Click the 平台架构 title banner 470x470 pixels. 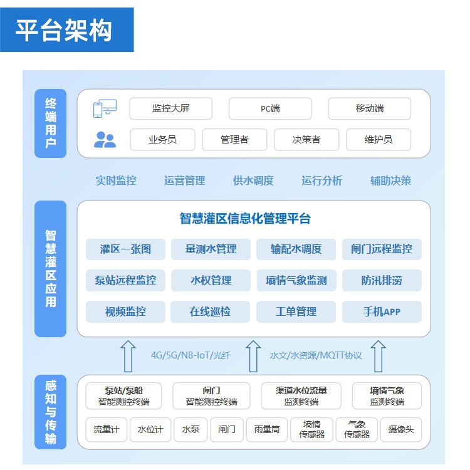pyautogui.click(x=66, y=29)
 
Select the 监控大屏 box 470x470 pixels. pyautogui.click(x=170, y=108)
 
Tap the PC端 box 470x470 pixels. pyautogui.click(x=270, y=108)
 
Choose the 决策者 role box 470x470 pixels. pyautogui.click(x=306, y=139)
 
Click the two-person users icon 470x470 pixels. pyautogui.click(x=105, y=139)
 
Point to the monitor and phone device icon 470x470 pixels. pyautogui.click(x=105, y=109)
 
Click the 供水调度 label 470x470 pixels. pyautogui.click(x=253, y=180)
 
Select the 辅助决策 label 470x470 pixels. pyautogui.click(x=390, y=180)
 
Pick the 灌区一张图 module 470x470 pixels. pyautogui.click(x=125, y=249)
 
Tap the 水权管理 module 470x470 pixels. pyautogui.click(x=211, y=280)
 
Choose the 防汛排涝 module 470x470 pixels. pyautogui.click(x=382, y=280)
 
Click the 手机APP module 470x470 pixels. pyautogui.click(x=382, y=311)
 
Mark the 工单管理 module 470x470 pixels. pyautogui.click(x=296, y=311)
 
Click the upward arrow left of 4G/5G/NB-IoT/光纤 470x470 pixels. pyautogui.click(x=128, y=356)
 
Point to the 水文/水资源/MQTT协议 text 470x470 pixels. pyautogui.click(x=316, y=355)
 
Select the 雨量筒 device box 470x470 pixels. pyautogui.click(x=266, y=429)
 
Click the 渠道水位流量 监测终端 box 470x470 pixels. pyautogui.click(x=301, y=395)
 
